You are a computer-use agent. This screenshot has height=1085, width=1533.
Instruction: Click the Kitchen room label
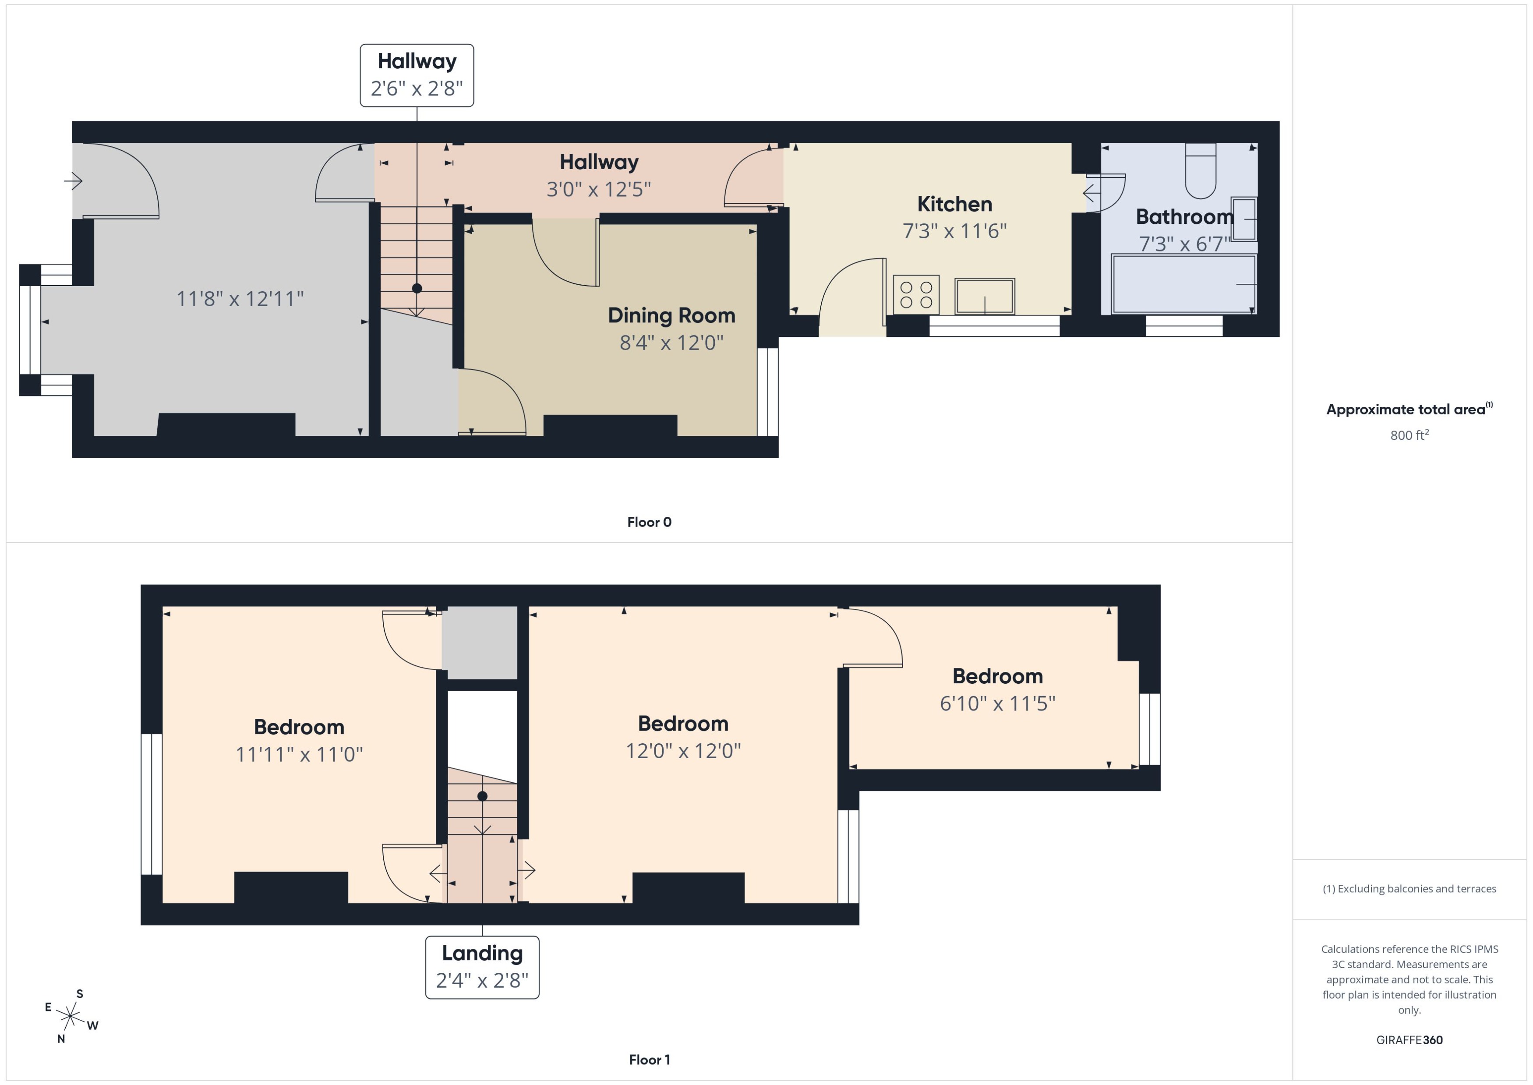click(954, 204)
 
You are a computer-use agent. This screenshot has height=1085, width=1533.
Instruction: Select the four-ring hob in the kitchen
click(916, 295)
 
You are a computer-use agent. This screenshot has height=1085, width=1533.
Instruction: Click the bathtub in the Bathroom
click(1183, 284)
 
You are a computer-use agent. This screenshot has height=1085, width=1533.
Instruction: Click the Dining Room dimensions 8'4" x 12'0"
click(671, 343)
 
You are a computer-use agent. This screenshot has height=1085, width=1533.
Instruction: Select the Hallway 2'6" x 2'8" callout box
click(417, 75)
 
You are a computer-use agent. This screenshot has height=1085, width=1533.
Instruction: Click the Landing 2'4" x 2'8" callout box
click(482, 967)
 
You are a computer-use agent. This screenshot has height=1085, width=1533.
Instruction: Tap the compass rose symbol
click(70, 1016)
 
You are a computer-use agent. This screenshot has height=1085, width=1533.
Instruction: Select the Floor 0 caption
click(649, 522)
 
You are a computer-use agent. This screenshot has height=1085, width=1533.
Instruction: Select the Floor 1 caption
click(649, 1060)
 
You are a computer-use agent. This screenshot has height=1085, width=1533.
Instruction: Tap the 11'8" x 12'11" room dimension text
click(240, 299)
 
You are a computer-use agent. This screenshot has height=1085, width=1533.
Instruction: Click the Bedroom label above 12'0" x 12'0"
click(683, 724)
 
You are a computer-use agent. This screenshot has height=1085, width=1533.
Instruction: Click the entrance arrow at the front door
click(74, 180)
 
